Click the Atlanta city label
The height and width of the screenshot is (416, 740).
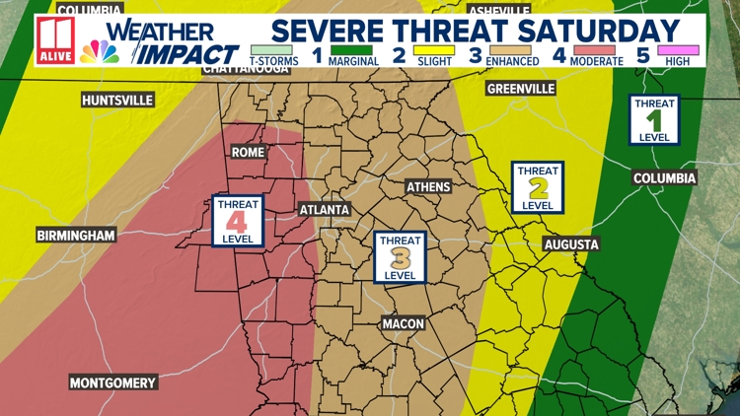tap(325, 210)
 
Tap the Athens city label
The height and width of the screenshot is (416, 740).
tap(428, 187)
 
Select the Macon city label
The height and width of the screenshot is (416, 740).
tap(403, 323)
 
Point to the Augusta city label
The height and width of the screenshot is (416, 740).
tap(570, 244)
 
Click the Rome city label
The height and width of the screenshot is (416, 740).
tap(247, 153)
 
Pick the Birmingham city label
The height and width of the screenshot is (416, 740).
tap(76, 236)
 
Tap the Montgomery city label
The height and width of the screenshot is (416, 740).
tap(112, 382)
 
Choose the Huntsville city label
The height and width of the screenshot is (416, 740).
tap(117, 101)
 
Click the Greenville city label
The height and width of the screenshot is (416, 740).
tap(521, 89)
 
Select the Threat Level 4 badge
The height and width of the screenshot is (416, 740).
tap(238, 221)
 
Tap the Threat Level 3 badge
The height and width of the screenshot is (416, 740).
tap(400, 257)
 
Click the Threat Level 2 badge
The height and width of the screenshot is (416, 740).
tap(538, 187)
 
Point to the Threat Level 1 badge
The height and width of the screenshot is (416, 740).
tap(654, 119)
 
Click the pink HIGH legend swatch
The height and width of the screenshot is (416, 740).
tap(679, 50)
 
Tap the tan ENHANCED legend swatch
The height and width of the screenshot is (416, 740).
tap(511, 50)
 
